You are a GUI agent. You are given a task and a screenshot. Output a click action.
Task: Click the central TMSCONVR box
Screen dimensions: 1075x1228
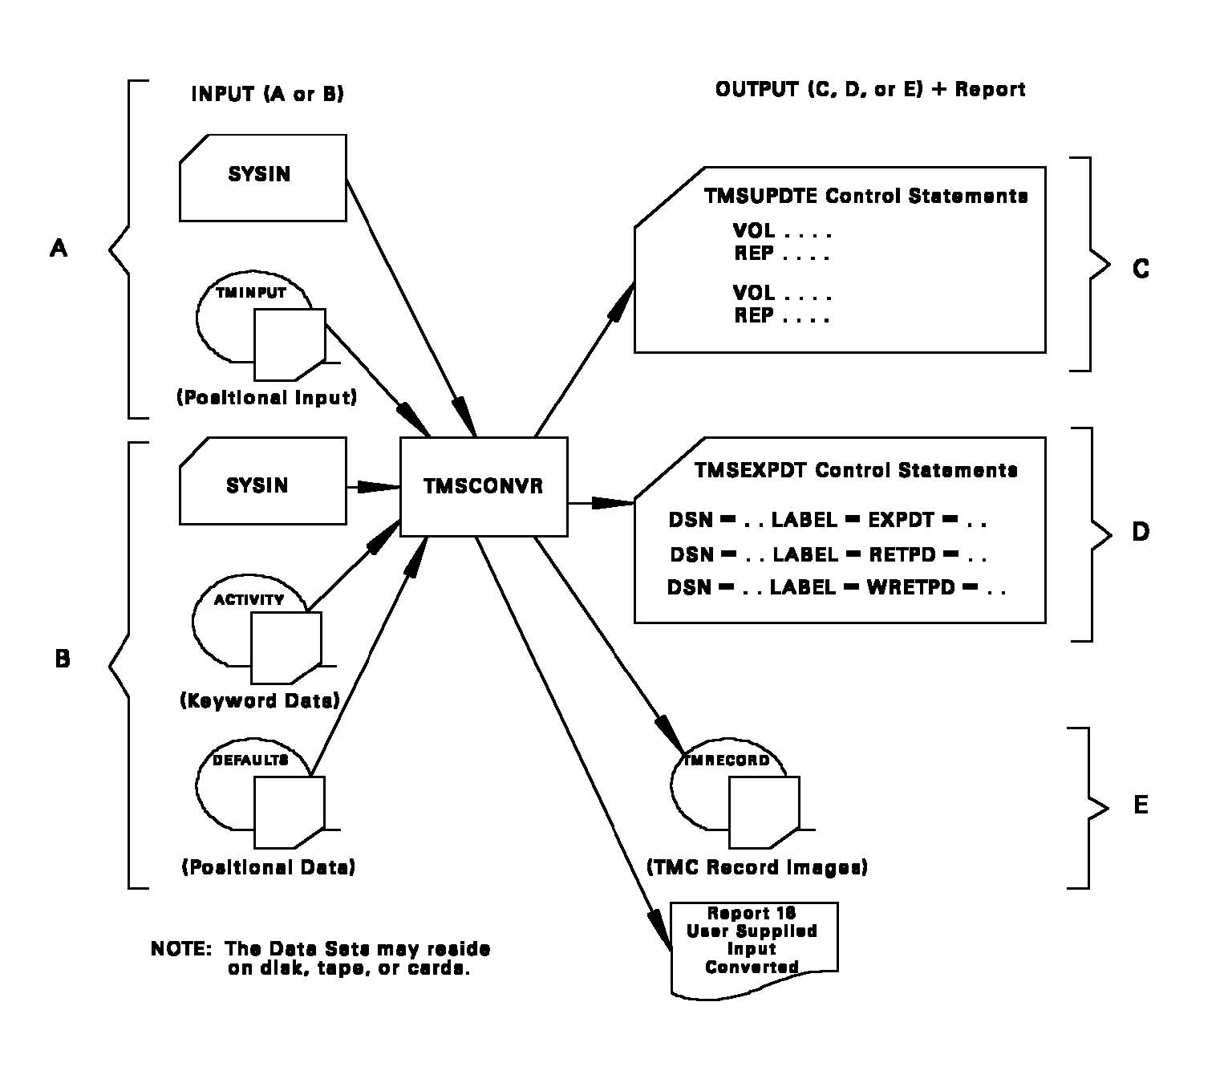click(484, 486)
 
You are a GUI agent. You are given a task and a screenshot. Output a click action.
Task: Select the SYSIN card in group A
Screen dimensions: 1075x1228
click(262, 176)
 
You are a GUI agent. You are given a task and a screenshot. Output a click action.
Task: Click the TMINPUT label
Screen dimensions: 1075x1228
click(251, 293)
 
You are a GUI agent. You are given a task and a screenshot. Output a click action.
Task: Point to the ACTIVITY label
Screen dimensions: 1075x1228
click(249, 599)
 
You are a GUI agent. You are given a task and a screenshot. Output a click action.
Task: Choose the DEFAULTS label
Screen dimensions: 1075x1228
click(249, 760)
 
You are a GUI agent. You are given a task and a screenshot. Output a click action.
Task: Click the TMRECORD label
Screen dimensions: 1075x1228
click(727, 760)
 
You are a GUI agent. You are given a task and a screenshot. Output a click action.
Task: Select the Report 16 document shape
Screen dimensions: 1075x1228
click(753, 947)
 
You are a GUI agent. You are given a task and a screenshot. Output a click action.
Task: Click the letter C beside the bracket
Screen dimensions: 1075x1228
click(1140, 269)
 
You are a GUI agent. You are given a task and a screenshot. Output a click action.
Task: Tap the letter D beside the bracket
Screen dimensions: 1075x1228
click(1140, 532)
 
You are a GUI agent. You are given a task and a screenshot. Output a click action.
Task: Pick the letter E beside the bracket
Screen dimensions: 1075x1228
click(1140, 805)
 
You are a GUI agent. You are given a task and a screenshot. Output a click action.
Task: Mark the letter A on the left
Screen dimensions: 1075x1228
click(59, 249)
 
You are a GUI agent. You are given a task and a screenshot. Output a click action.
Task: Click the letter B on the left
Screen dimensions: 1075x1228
click(62, 659)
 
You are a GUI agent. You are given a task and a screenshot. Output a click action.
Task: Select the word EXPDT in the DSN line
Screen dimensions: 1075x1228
click(902, 520)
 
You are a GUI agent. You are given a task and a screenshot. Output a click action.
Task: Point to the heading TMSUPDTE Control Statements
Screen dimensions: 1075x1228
click(865, 196)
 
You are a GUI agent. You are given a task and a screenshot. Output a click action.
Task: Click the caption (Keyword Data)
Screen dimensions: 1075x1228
click(260, 700)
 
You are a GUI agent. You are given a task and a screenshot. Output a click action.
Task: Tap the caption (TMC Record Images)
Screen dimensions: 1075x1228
click(756, 867)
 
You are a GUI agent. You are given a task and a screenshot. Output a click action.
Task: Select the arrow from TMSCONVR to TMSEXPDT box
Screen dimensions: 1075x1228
click(601, 503)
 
